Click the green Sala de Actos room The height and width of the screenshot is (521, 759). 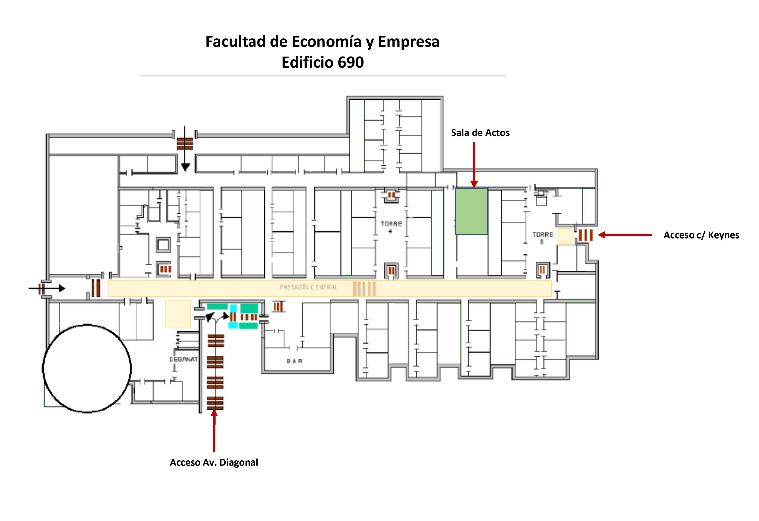coord(471,211)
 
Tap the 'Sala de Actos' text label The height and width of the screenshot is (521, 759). coord(480,133)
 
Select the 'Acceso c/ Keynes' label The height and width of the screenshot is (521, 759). coord(701,235)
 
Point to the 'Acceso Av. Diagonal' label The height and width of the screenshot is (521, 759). coord(214,462)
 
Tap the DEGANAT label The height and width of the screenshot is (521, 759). coord(183,359)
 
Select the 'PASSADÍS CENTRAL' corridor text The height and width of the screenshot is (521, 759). coord(308,287)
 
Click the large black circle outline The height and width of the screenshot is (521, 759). coord(87,369)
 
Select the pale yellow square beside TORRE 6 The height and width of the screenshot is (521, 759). coord(565,236)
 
